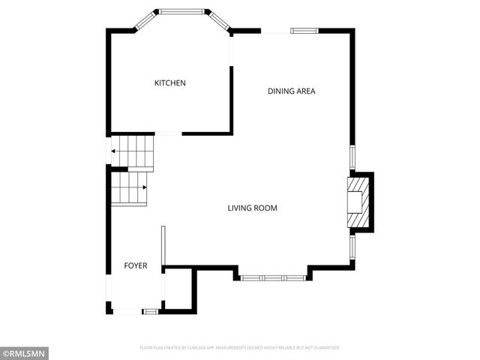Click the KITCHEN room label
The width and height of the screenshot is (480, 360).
click(x=169, y=83)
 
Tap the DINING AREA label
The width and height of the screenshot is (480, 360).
click(x=292, y=91)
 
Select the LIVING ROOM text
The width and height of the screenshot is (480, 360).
click(x=253, y=208)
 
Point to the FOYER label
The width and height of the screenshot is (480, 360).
click(x=135, y=266)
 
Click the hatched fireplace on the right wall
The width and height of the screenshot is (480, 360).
click(x=360, y=203)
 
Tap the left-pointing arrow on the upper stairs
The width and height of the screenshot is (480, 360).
click(x=113, y=151)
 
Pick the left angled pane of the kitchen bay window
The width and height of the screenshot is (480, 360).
click(x=145, y=21)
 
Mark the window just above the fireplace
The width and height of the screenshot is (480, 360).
click(x=351, y=157)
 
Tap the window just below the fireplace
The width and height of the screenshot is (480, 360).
click(x=351, y=247)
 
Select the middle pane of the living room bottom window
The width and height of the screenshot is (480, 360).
click(x=273, y=277)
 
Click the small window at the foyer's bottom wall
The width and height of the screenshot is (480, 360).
click(x=150, y=311)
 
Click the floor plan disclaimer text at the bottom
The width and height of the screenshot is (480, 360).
click(x=240, y=348)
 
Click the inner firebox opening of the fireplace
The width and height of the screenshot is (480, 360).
click(x=353, y=203)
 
